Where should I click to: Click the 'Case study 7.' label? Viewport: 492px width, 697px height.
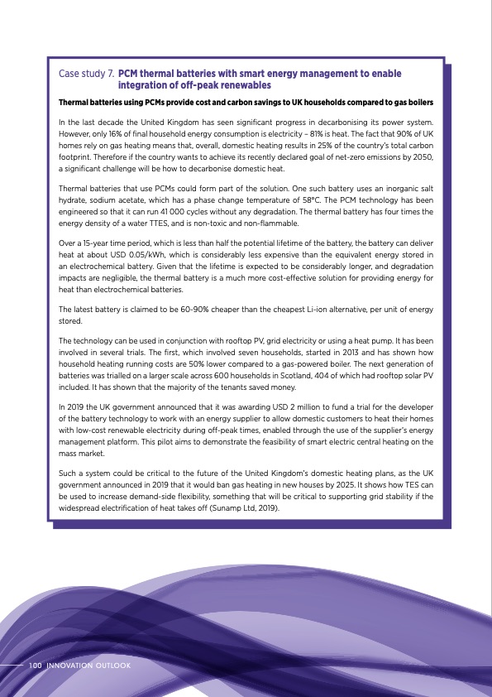pos(86,75)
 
